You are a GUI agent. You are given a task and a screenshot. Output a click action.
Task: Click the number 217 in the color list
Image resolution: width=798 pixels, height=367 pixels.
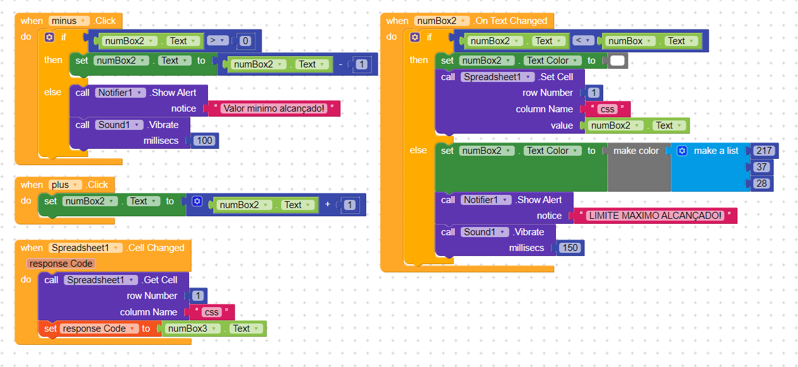coord(762,151)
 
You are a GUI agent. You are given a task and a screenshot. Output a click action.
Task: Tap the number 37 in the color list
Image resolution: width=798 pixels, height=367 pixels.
coord(762,167)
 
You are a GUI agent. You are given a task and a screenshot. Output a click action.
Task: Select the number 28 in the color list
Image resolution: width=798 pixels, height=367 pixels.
coord(762,183)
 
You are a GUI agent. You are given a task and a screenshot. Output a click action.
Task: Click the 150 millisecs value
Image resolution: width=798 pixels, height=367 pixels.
coord(569,248)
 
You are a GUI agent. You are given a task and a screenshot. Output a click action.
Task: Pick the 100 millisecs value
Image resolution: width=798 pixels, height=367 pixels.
coord(204,141)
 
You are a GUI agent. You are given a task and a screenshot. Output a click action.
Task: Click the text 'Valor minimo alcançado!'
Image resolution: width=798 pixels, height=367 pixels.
coord(274,108)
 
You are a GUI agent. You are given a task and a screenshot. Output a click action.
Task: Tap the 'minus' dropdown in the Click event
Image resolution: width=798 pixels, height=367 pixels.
coord(69,21)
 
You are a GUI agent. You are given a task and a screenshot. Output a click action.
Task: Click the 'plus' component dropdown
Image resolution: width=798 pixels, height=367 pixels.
coord(66,185)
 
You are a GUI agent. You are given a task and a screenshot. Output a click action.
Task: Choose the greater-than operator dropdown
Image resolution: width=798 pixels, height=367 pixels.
coord(217,41)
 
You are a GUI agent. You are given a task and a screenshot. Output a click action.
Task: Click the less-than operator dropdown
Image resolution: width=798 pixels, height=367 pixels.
coord(583,41)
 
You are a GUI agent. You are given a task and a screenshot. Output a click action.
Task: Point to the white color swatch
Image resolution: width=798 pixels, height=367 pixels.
coord(617,61)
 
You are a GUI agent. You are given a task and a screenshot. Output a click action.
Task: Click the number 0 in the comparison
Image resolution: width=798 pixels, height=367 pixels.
coord(245,42)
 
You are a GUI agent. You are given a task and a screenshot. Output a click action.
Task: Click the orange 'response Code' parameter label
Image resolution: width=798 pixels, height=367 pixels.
coord(61,264)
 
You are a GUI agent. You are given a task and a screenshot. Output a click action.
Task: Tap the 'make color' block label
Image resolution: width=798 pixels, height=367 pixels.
coord(636,151)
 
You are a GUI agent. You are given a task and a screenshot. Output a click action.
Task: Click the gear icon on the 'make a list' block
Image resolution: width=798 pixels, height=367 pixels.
coord(681,151)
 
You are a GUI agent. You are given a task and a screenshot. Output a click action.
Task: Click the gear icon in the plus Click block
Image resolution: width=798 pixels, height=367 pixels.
coord(197,202)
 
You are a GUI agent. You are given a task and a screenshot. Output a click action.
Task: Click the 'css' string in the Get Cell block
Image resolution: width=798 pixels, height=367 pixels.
coord(212,312)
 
